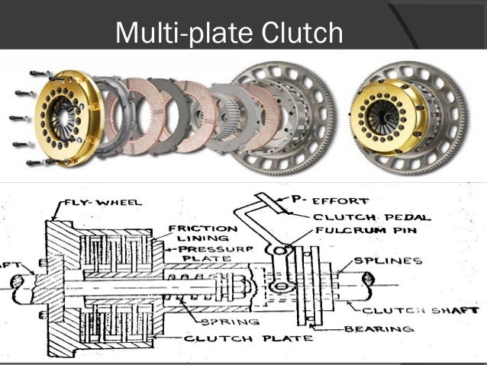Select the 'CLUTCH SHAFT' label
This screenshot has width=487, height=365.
(x=421, y=310)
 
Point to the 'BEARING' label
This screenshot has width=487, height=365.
(x=382, y=329)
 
